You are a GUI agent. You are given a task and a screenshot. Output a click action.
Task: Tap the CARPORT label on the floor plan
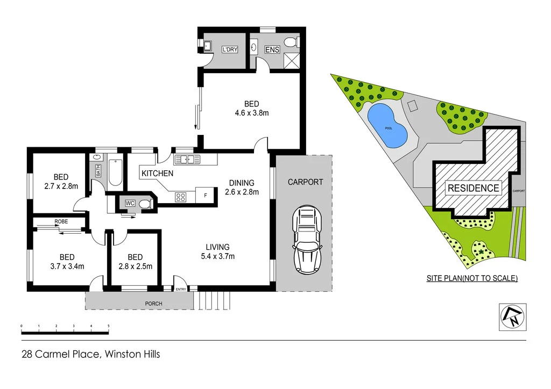point(305,182)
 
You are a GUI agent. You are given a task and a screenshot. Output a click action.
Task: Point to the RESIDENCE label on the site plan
point(474,188)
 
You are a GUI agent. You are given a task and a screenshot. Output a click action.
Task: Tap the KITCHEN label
point(157,174)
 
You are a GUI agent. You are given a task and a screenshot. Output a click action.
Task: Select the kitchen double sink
point(187,159)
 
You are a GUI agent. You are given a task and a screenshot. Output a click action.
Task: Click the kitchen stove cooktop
point(180,197)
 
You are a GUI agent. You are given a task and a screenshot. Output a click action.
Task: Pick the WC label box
point(130,203)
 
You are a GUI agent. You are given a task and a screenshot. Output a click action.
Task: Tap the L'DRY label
point(230,49)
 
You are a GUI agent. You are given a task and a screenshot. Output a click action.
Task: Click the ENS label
point(272,49)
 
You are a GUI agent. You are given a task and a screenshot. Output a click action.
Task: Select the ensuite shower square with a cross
point(292,61)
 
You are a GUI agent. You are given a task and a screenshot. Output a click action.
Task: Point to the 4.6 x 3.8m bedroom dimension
point(251,113)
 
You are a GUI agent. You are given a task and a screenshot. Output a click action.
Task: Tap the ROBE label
point(60,221)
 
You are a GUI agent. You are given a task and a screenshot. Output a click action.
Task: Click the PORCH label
point(153,304)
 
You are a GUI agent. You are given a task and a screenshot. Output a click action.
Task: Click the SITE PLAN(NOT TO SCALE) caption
point(472,278)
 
